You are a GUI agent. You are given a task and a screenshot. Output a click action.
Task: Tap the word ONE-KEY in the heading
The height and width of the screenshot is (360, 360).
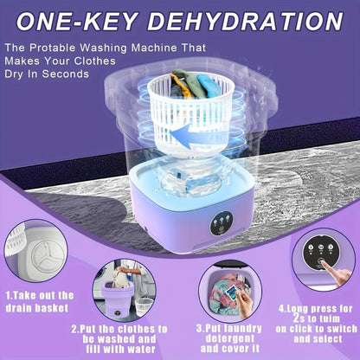click(x=77, y=22)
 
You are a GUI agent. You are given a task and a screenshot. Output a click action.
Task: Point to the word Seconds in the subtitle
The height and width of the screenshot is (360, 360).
click(x=66, y=74)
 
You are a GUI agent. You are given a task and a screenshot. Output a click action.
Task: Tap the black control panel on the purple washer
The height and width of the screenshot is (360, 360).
click(x=222, y=223)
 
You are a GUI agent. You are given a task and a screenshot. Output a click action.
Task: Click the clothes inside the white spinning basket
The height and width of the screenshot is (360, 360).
click(x=191, y=83)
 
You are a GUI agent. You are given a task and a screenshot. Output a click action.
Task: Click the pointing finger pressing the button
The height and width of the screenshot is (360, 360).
click(x=336, y=272)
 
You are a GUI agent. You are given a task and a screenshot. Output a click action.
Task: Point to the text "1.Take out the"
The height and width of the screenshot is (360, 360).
click(x=40, y=296)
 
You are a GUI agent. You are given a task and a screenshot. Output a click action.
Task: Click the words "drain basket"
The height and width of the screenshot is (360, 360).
click(x=37, y=308)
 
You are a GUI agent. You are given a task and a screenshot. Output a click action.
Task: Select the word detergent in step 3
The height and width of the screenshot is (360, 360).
click(x=230, y=338)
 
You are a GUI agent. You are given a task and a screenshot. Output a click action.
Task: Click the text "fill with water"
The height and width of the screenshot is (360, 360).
click(x=120, y=349)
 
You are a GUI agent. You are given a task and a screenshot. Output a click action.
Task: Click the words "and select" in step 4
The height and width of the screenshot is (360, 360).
click(x=318, y=339)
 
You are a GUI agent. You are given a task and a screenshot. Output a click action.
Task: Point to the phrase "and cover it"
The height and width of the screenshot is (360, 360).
click(x=230, y=349)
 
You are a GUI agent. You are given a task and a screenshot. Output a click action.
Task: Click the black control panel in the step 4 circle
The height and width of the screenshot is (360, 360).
click(x=321, y=252)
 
